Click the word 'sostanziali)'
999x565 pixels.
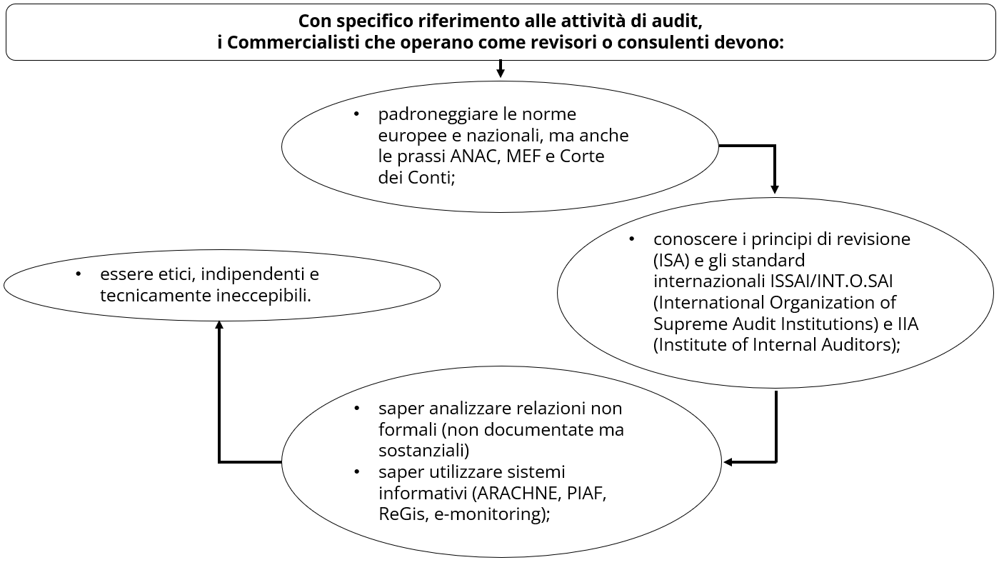click(x=423, y=451)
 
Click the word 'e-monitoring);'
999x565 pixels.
click(x=491, y=514)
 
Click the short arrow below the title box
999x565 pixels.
click(x=500, y=69)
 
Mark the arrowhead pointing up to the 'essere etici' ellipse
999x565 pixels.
click(x=219, y=324)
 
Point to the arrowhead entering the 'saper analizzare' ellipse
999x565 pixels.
click(x=728, y=462)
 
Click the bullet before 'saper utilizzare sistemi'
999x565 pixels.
click(x=357, y=472)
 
